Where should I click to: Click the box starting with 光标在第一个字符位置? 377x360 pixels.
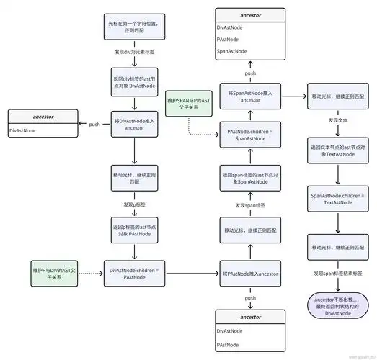coord(135,28)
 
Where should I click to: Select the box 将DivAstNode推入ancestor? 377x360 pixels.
coord(135,123)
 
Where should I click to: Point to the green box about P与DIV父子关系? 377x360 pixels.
coord(55,274)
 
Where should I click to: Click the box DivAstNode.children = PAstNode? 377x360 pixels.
coord(134,274)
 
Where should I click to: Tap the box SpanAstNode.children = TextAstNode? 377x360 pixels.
coord(332,199)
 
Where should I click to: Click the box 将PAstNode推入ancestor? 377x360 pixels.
coord(249,274)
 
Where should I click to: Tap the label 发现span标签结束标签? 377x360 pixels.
coord(332,274)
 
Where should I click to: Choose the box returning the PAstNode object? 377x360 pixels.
coord(135,231)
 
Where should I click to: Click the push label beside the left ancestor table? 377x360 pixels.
coord(94,124)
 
